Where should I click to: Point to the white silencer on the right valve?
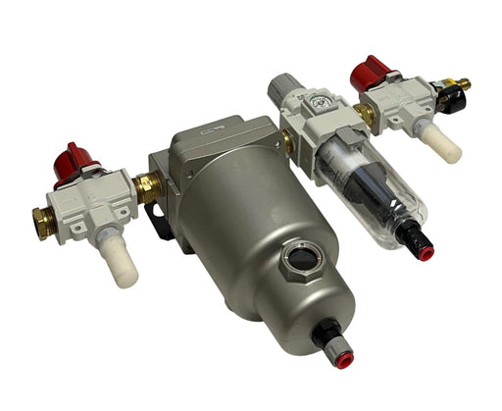pos(444,145)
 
